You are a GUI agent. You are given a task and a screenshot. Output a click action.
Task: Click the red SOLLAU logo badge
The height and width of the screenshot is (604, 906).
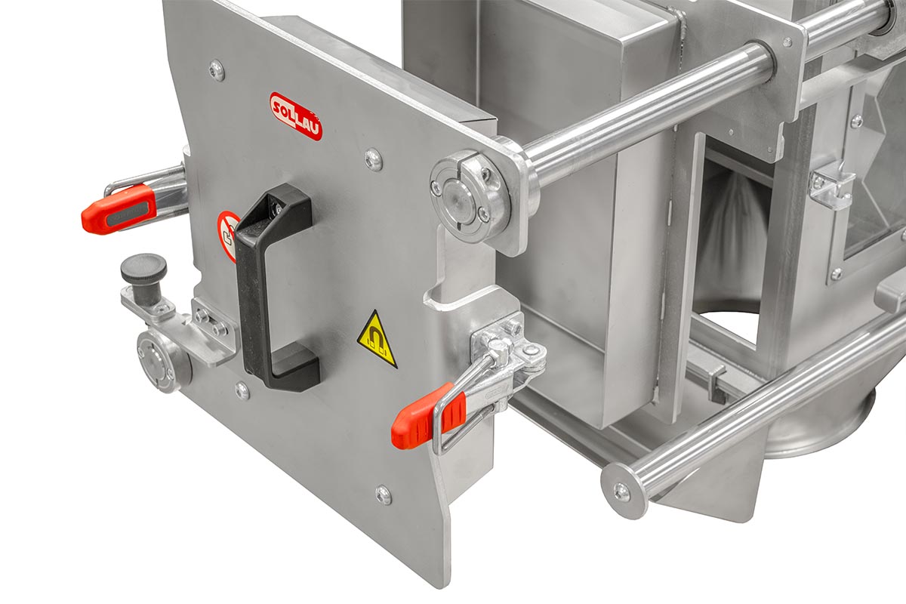pos(296,116)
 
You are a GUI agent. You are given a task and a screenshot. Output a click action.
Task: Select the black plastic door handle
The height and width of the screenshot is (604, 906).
pos(276,287)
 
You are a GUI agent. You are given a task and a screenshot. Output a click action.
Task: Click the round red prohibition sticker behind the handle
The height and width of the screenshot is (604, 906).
pos(227,236)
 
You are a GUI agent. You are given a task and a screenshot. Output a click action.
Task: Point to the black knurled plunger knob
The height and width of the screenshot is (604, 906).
pos(143,279)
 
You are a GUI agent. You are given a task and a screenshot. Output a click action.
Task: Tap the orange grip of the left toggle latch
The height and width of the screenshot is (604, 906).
pos(119,209)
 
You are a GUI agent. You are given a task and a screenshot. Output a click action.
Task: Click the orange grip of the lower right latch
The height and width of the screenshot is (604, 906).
pos(428,417)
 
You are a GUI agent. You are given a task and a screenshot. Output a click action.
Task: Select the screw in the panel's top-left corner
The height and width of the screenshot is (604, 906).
pos(217,70)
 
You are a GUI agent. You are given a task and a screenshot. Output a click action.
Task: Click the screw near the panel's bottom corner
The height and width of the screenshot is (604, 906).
pos(383,495)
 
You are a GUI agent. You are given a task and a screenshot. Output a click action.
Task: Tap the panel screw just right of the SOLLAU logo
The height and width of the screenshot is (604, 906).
pos(373,159)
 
